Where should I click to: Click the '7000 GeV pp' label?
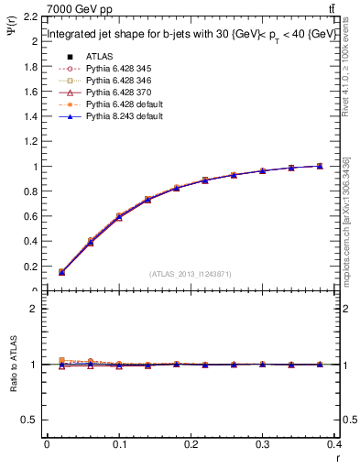76,8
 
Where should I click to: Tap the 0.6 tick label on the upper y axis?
30,217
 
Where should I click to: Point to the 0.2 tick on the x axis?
191,444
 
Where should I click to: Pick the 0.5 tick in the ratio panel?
30,420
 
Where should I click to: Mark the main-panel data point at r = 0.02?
61,272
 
